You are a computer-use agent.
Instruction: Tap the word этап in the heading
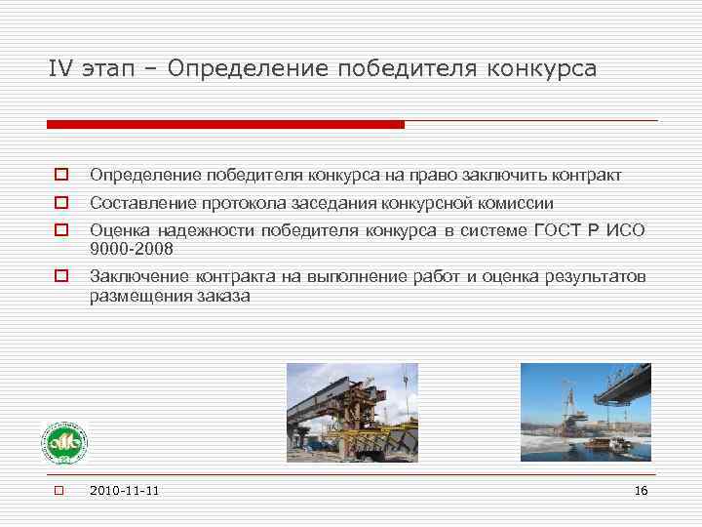pos(115,70)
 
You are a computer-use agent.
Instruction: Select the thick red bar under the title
pos(225,125)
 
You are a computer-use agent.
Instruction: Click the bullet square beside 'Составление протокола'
pos(59,204)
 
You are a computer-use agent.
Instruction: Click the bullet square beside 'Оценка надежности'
pos(59,231)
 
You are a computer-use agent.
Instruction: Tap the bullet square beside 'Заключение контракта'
pos(59,277)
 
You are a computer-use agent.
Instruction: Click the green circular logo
pos(63,443)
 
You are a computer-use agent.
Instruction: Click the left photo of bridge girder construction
pos(352,412)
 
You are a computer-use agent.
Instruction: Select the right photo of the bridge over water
pos(585,412)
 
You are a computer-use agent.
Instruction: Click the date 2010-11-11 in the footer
pos(124,490)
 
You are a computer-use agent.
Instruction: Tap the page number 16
pos(641,490)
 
